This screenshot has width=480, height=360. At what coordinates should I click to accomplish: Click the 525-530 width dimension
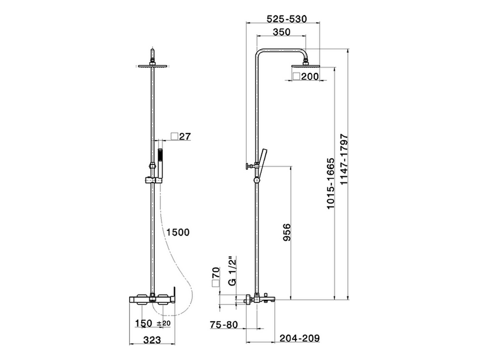(286, 19)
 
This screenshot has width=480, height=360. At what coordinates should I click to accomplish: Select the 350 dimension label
(282, 32)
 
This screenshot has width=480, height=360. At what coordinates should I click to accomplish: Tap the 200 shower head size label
(310, 76)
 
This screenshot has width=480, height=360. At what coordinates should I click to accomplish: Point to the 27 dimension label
(185, 136)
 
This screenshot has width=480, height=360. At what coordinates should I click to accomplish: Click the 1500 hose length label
(178, 232)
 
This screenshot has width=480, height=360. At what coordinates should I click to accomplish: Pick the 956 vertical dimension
(287, 232)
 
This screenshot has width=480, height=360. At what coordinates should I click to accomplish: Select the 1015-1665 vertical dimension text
(330, 184)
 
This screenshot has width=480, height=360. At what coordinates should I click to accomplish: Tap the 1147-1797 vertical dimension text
(344, 159)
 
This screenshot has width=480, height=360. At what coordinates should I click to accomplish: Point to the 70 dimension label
(216, 273)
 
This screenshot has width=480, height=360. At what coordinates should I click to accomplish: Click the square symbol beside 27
(174, 136)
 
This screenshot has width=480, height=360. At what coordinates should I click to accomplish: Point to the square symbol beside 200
(296, 76)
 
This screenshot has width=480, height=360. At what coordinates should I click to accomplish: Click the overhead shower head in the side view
(306, 66)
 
